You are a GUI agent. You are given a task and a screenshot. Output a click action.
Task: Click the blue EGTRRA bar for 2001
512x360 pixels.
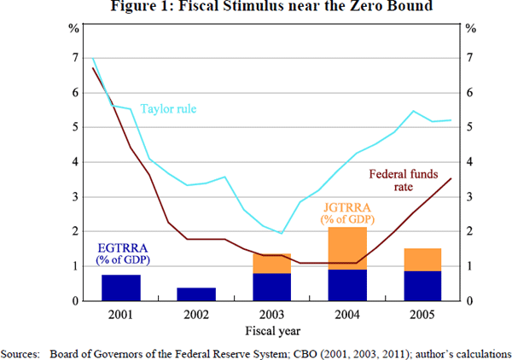120,287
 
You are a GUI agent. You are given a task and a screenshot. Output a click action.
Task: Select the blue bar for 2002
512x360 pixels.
195,294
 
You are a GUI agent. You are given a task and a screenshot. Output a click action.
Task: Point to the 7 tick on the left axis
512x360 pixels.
74,57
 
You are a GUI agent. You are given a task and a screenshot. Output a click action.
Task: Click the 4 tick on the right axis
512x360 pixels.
468,161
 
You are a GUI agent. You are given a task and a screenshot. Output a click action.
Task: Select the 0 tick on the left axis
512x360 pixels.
74,301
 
